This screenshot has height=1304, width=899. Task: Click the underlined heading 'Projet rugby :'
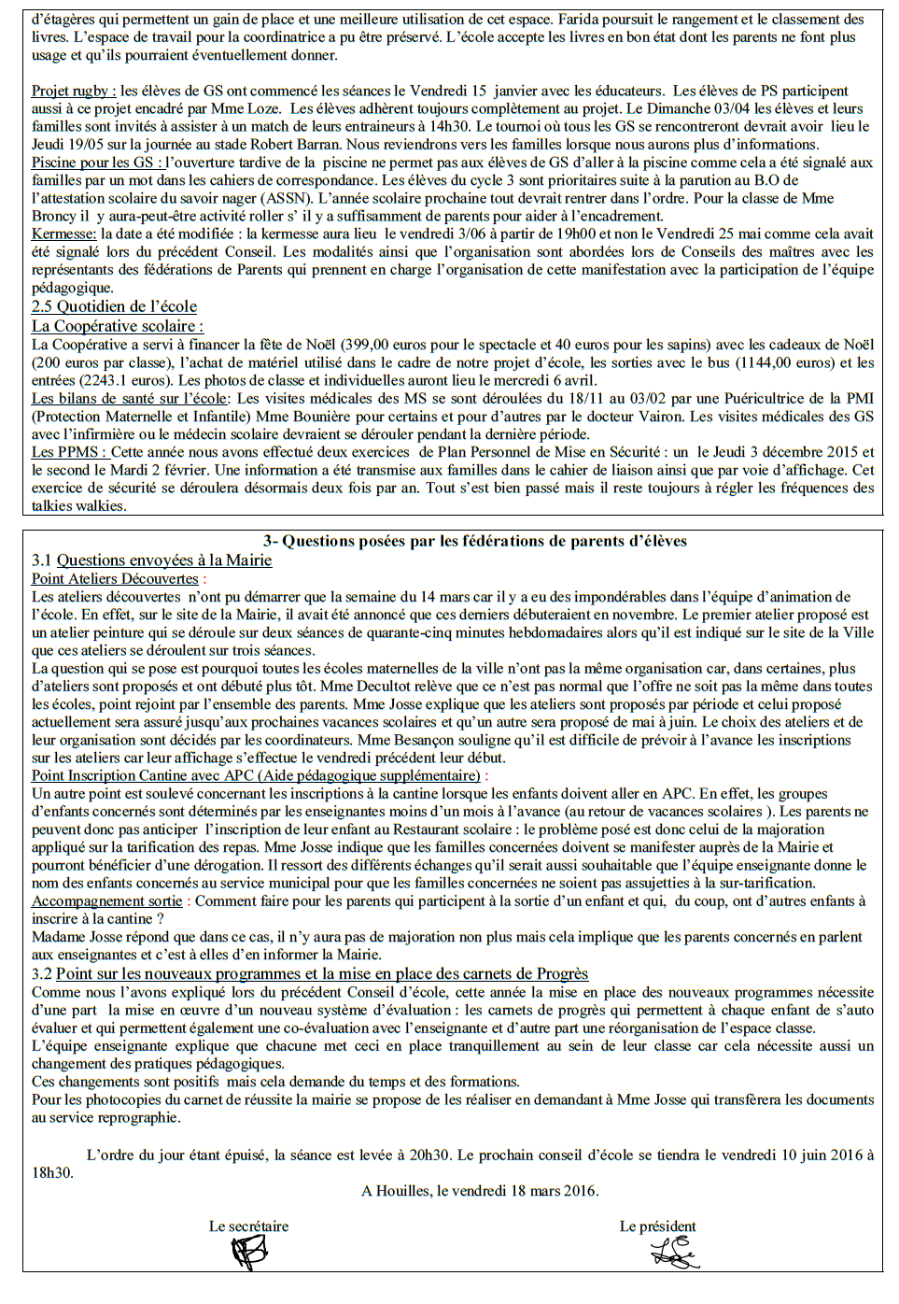click(x=74, y=92)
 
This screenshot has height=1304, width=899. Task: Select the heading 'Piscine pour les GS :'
click(x=97, y=163)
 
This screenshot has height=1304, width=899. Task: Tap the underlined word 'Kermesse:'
click(x=63, y=234)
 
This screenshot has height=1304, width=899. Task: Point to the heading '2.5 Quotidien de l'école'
click(x=114, y=306)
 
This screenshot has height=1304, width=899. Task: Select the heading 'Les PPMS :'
click(x=69, y=452)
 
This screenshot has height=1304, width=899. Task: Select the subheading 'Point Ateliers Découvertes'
click(x=115, y=579)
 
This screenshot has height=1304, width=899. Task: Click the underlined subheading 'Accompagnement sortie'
click(x=107, y=901)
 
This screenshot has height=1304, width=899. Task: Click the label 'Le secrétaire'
click(x=248, y=1226)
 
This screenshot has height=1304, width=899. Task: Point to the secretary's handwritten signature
click(x=249, y=1253)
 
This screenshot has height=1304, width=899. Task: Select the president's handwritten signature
click(x=674, y=1253)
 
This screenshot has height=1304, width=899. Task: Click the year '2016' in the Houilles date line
click(x=578, y=1191)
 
